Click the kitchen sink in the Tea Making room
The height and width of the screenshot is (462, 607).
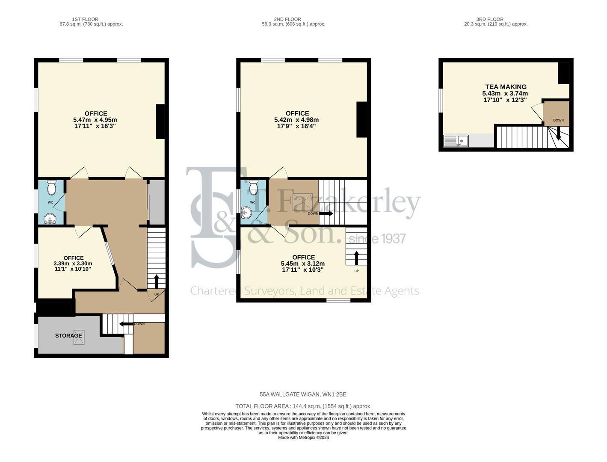pyautogui.click(x=456, y=141)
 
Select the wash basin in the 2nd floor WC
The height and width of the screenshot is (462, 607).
pyautogui.click(x=246, y=212)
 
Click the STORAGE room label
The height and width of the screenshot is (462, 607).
pyautogui.click(x=68, y=336)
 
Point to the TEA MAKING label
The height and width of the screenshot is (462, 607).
pyautogui.click(x=506, y=87)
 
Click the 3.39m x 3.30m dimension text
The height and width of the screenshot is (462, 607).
pyautogui.click(x=73, y=264)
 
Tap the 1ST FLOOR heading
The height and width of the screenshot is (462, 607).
pyautogui.click(x=85, y=19)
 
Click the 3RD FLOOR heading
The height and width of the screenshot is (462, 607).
pyautogui.click(x=490, y=19)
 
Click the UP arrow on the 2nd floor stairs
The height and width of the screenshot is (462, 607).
pyautogui.click(x=356, y=258)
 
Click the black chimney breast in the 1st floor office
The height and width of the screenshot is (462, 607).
pyautogui.click(x=160, y=122)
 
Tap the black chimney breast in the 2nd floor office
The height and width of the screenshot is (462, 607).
pyautogui.click(x=362, y=119)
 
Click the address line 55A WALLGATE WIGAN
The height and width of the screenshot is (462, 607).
pyautogui.click(x=303, y=394)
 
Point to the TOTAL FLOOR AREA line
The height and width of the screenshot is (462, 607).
pyautogui.click(x=303, y=406)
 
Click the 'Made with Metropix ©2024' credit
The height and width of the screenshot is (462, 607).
pyautogui.click(x=303, y=438)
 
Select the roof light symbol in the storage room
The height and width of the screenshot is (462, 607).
pyautogui.click(x=79, y=337)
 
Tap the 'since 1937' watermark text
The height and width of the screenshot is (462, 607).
pyautogui.click(x=377, y=238)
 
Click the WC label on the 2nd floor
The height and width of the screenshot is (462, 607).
pyautogui.click(x=252, y=202)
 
